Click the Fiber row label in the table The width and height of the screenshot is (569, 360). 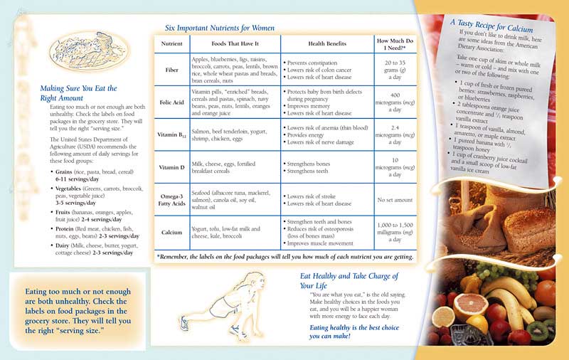click(171, 71)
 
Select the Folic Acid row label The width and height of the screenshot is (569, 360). click(171, 102)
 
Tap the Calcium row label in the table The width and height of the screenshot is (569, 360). click(171, 232)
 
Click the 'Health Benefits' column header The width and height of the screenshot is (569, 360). click(326, 43)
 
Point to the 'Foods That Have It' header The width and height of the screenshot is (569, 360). click(235, 43)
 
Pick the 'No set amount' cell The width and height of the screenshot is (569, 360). click(395, 200)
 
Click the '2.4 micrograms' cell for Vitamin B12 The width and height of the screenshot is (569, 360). click(395, 134)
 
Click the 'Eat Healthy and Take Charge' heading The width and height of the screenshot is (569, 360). click(349, 280)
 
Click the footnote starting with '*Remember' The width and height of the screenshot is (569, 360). click(284, 256)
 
